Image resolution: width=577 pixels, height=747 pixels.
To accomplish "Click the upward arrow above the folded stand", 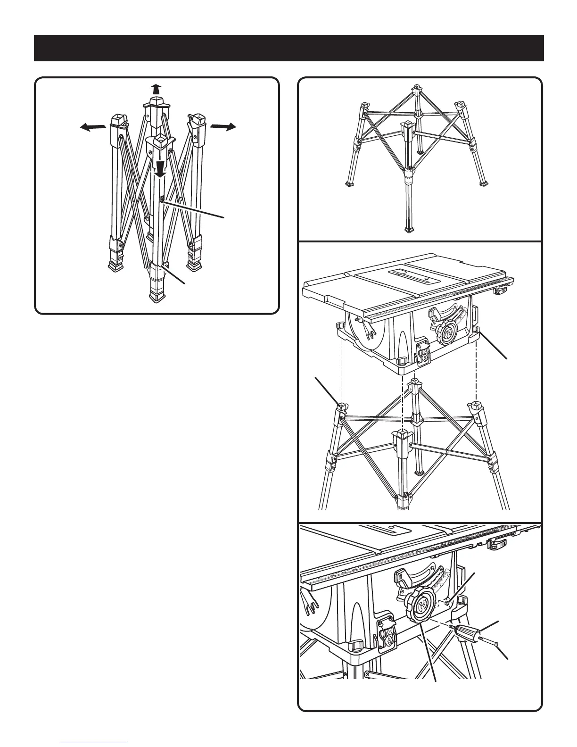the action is [x=156, y=89].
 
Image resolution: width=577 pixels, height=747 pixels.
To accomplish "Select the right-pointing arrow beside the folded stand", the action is [x=223, y=126].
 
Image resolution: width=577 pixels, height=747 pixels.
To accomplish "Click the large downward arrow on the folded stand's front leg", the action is [x=161, y=168].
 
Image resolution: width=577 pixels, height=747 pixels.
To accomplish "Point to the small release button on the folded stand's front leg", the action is [x=162, y=200].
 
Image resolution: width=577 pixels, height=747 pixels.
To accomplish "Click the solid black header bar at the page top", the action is [x=288, y=48].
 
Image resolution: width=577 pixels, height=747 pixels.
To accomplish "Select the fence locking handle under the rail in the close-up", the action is [x=498, y=544].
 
